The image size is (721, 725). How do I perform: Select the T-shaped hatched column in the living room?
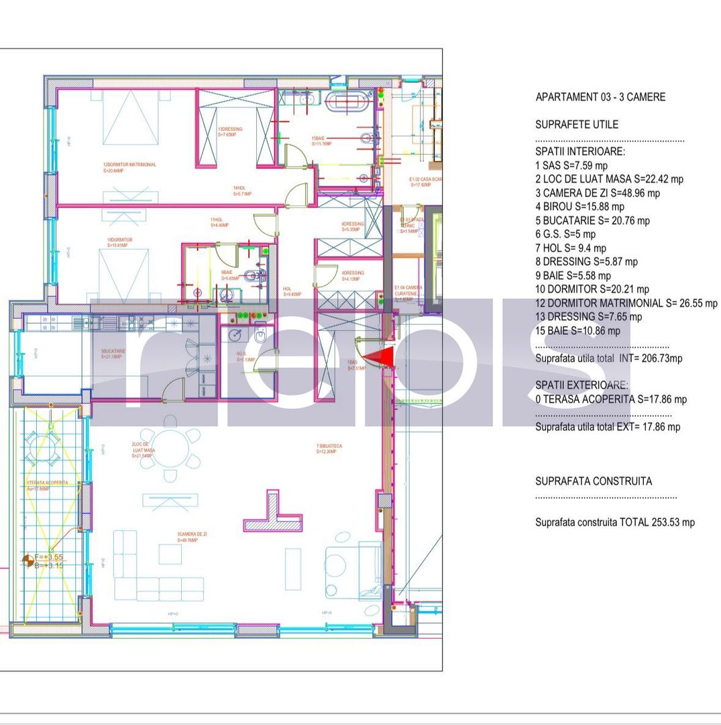tap(272, 513)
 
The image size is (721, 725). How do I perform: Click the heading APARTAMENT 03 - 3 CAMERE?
tap(600, 97)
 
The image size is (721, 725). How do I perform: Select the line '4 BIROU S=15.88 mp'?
tap(579, 207)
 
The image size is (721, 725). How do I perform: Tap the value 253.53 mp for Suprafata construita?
tap(673, 522)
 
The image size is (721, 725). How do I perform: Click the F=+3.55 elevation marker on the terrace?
tap(48, 557)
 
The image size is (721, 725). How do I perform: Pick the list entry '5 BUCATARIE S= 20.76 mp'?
tap(592, 220)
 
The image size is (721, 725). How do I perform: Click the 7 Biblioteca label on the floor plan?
tap(329, 448)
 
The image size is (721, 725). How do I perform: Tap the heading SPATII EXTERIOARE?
tap(581, 385)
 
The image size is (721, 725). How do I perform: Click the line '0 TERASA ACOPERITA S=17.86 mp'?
tap(610, 399)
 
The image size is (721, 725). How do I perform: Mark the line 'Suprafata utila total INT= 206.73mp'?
tap(608, 358)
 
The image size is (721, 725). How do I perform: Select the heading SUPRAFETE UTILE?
tap(577, 124)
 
